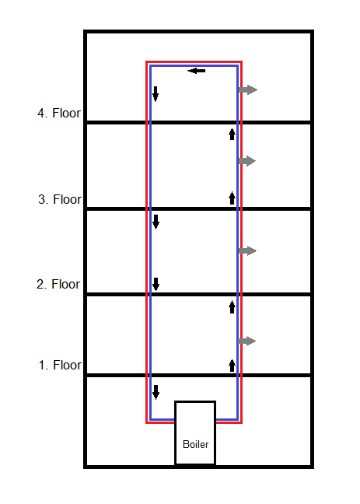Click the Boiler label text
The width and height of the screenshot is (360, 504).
point(195,444)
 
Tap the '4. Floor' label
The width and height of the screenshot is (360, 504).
point(59,113)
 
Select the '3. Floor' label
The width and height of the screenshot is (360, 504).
point(60,199)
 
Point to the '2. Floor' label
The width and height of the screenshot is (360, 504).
point(58,284)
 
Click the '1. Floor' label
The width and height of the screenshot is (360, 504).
point(60,365)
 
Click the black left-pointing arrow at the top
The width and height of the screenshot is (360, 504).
point(197,71)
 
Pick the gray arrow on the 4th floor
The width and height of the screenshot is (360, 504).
point(248,89)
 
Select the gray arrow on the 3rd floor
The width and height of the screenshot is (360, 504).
point(246,161)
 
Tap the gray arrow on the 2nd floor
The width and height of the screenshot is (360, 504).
point(247,250)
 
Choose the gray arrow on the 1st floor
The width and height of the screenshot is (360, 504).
point(246,341)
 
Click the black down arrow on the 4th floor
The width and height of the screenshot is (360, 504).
point(156,94)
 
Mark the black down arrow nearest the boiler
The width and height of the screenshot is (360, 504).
point(156,392)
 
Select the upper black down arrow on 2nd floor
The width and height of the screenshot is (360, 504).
point(156,222)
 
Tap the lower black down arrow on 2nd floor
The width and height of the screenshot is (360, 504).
point(156,284)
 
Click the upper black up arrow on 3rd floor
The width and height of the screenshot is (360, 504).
point(232,134)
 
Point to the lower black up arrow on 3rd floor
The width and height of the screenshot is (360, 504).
point(232,198)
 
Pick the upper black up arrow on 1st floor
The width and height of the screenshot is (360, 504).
point(232,306)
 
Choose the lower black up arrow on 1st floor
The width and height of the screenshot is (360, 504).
point(232,366)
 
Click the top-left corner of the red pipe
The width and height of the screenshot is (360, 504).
point(147,61)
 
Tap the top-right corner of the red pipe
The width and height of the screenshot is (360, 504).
point(241,61)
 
